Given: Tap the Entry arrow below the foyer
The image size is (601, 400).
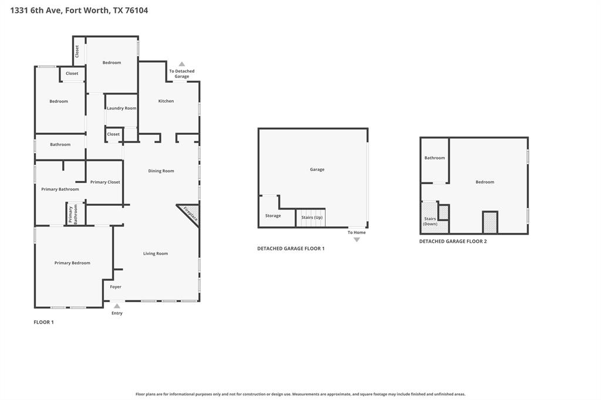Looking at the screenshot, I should pyautogui.click(x=117, y=306).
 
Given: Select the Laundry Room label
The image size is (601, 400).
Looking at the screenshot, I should pyautogui.click(x=121, y=108).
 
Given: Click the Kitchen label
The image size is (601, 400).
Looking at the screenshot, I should pyautogui.click(x=166, y=101).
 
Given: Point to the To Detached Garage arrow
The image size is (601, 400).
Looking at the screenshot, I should pyautogui.click(x=182, y=64).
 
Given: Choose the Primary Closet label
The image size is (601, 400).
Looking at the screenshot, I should pyautogui.click(x=106, y=182).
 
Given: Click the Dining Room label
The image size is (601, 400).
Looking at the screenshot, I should pyautogui.click(x=161, y=171).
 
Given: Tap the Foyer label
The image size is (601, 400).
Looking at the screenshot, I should pyautogui.click(x=116, y=287).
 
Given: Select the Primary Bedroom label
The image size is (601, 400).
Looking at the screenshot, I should pyautogui.click(x=72, y=263).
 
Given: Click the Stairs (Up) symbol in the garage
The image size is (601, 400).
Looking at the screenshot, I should pyautogui.click(x=312, y=218).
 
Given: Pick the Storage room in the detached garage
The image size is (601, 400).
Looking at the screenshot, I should pyautogui.click(x=273, y=215).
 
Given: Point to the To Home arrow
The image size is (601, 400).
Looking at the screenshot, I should pyautogui.click(x=356, y=239).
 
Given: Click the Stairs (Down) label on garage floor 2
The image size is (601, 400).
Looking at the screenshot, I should pyautogui.click(x=430, y=221).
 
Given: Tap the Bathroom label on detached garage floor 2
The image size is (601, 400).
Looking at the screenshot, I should pyautogui.click(x=435, y=157).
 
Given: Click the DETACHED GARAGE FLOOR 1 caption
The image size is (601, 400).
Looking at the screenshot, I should pyautogui.click(x=291, y=248).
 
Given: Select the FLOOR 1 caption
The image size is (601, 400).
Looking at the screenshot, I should pyautogui.click(x=43, y=322).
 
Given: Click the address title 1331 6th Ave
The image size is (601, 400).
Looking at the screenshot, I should pyautogui.click(x=79, y=10).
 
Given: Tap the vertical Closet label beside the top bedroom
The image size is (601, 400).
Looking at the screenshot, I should pyautogui.click(x=77, y=51).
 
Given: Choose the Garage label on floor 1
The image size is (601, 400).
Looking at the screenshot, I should pyautogui.click(x=317, y=169).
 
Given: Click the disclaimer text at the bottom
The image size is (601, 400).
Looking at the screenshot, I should pyautogui.click(x=300, y=394).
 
